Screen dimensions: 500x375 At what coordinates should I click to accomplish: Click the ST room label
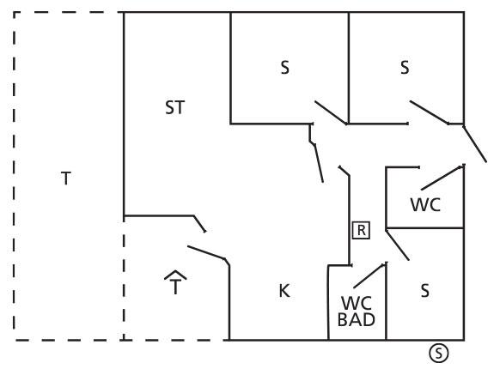pos(174,107)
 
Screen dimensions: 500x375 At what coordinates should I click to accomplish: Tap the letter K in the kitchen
pos(284,291)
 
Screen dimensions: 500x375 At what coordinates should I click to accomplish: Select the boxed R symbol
pos(361,230)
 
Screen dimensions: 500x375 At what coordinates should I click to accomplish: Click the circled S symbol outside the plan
pos(439,353)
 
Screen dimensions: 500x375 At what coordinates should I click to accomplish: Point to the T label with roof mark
pos(175,282)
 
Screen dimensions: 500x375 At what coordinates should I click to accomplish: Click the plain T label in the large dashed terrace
pos(66,178)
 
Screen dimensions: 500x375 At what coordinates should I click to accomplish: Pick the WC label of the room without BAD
pos(425,204)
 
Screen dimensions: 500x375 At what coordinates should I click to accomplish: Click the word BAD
pos(357,319)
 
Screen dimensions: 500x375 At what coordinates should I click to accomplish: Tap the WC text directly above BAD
pos(357,303)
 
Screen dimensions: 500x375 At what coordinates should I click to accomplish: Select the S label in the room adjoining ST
pos(284,68)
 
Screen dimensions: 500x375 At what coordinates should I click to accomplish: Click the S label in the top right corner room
pos(405,68)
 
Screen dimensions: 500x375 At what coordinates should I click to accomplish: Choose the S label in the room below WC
pos(424,291)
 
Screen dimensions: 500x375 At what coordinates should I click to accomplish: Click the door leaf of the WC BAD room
pos(370,275)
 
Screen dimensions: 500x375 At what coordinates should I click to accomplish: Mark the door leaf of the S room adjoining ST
pos(331,112)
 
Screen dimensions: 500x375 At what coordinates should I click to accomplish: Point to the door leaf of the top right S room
pos(429,112)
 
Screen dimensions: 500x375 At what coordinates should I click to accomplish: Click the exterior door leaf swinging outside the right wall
pos(475,144)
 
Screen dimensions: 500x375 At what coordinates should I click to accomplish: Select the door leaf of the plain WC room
pos(442,178)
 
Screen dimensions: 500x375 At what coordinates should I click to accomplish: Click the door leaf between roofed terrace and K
pos(206,252)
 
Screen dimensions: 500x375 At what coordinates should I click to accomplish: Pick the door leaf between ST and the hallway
pos(319,163)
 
